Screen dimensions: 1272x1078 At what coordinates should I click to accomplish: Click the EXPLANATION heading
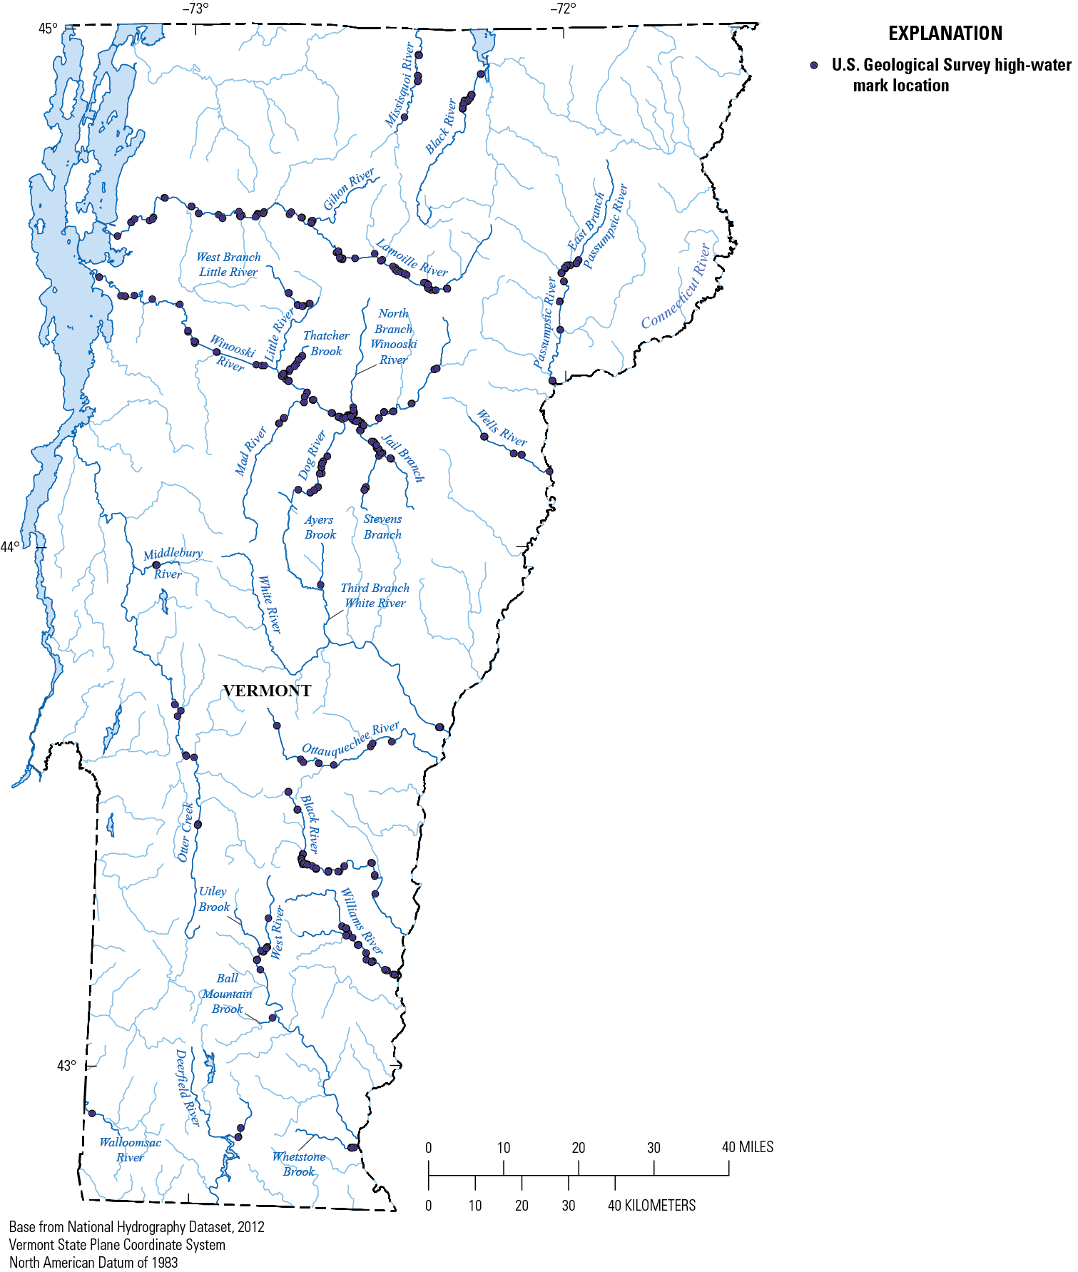[x=945, y=34]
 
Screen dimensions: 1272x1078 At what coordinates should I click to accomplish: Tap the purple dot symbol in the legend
[x=814, y=66]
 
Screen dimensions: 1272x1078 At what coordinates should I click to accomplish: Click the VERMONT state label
[x=267, y=691]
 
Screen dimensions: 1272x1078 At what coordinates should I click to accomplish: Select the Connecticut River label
[x=676, y=288]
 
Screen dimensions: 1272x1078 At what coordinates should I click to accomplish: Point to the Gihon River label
[x=349, y=189]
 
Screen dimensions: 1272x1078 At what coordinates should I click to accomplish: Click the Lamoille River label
[x=412, y=258]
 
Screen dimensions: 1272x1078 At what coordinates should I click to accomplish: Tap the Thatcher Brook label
[x=326, y=343]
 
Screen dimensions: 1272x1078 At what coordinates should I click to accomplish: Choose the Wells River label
[x=502, y=427]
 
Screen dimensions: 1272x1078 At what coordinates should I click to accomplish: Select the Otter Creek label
[x=185, y=832]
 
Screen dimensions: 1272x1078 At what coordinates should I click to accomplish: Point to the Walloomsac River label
[x=130, y=1149]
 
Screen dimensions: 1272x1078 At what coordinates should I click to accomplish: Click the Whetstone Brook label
[x=299, y=1164]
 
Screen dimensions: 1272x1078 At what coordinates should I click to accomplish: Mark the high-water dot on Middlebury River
[x=157, y=565]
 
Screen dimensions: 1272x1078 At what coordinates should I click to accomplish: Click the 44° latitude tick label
[x=11, y=547]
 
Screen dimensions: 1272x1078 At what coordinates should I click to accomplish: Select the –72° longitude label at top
[x=562, y=9]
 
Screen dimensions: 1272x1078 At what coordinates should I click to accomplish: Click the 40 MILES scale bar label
[x=747, y=1147]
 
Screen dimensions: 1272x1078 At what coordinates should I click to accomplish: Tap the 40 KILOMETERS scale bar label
[x=651, y=1205]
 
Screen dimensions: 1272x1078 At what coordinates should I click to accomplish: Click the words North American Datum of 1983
[x=93, y=1262]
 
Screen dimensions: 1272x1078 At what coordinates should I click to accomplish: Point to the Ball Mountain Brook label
[x=228, y=994]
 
